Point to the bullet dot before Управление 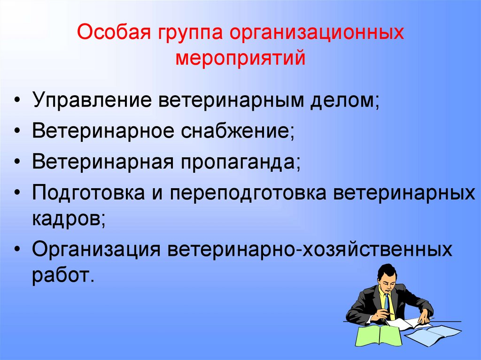pos(17,102)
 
